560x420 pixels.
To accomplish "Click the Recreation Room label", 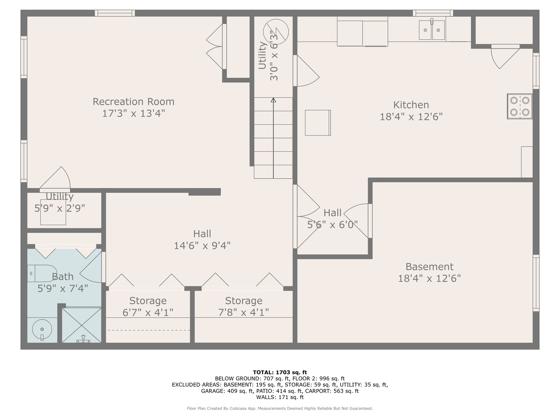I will tap(133, 102).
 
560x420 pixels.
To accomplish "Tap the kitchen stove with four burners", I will tap(520, 106).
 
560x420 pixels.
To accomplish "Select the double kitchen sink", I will tap(432, 30).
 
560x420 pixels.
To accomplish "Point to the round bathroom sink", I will tap(42, 329).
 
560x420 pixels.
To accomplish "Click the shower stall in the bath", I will tap(82, 325).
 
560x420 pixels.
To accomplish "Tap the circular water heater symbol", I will tap(276, 31).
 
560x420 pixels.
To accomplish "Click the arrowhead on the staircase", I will tap(273, 100).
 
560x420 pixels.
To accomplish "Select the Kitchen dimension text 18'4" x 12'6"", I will tap(411, 117).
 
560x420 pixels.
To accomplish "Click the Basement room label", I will tap(429, 267).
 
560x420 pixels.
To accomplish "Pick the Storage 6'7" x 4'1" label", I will tap(148, 306).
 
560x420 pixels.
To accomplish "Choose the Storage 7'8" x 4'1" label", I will tap(243, 306).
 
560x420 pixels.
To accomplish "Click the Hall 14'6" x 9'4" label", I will tap(202, 240).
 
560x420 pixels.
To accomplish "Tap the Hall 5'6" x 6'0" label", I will tap(332, 219).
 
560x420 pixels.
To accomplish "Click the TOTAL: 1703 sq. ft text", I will tap(280, 372).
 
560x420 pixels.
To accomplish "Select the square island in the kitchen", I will tap(318, 122).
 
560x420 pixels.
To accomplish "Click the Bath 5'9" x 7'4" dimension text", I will tap(63, 288).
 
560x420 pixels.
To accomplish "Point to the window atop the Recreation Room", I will tap(115, 13).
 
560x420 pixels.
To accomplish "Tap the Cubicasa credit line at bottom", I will tap(280, 408).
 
